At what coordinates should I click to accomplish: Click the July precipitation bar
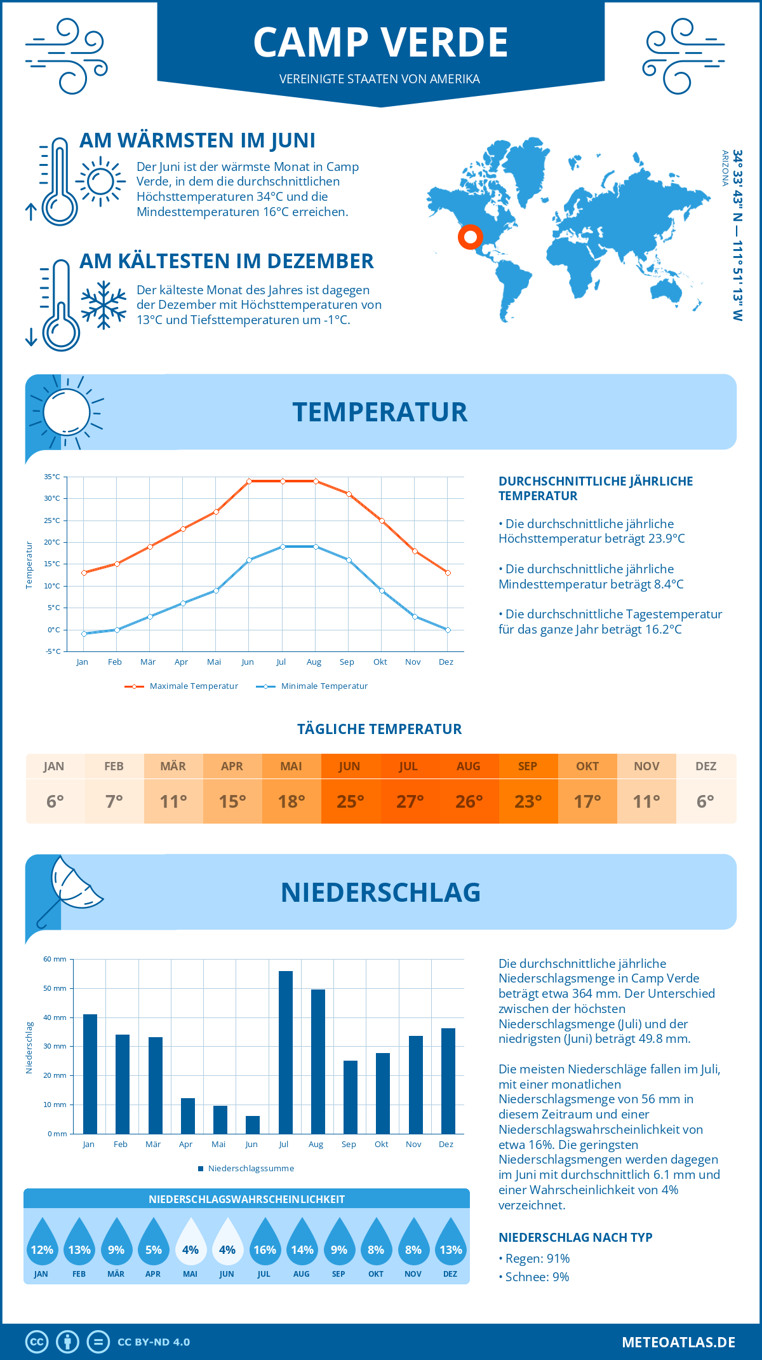(285, 1052)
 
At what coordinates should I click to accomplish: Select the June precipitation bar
(253, 1125)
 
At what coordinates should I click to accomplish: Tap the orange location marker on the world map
(471, 237)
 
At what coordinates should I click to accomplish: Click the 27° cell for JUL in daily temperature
(410, 801)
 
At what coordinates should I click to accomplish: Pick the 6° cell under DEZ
(705, 801)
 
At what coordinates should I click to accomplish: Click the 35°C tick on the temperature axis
(52, 477)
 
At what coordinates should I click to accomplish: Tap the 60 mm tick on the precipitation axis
(55, 959)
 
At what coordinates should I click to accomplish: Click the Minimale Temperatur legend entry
(312, 686)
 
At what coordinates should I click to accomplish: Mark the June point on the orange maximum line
(249, 481)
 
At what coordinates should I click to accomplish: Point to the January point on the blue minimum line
(84, 634)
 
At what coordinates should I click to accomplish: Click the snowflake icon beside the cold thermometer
(104, 305)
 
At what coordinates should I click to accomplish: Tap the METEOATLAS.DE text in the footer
(678, 1342)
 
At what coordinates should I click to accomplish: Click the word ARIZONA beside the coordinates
(725, 168)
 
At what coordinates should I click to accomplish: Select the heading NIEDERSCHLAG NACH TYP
(575, 1237)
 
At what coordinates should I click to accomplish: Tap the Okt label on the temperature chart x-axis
(380, 662)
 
